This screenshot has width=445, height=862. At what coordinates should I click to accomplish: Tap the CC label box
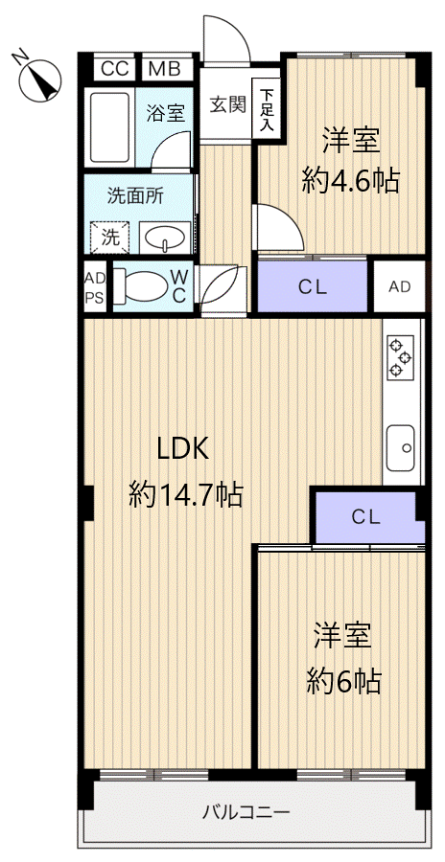[116, 69]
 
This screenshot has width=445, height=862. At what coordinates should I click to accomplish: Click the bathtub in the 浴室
[109, 127]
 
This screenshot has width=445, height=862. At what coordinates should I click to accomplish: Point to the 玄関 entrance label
[227, 103]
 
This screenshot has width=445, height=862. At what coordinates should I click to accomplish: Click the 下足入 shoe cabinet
[267, 107]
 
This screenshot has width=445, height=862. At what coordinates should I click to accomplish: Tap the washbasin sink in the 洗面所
[165, 238]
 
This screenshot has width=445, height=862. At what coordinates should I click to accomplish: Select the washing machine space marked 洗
[109, 238]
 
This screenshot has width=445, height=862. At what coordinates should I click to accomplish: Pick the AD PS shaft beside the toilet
[95, 286]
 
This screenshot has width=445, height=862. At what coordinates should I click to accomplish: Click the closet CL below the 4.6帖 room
[313, 286]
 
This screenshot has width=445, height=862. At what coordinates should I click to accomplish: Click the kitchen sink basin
[400, 447]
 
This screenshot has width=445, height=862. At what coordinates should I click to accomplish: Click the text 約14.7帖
[186, 494]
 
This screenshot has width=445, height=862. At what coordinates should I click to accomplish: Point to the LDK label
[183, 450]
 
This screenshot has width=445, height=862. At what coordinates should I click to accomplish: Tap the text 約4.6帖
[351, 180]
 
